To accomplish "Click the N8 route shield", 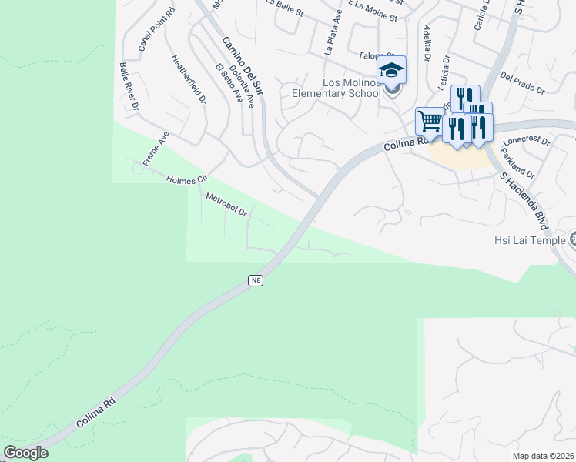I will click(x=256, y=281).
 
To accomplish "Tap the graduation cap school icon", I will click(x=391, y=71).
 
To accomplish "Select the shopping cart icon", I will click(x=430, y=120).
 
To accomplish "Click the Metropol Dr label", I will click(x=226, y=204).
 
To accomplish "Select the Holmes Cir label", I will click(x=187, y=179).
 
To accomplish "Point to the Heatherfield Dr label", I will click(x=189, y=79).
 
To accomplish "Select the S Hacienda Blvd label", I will click(x=523, y=201).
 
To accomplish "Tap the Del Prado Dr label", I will click(x=523, y=84).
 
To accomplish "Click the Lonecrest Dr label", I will click(x=527, y=142).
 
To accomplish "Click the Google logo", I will click(x=26, y=453).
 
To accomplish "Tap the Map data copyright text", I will click(x=543, y=456).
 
